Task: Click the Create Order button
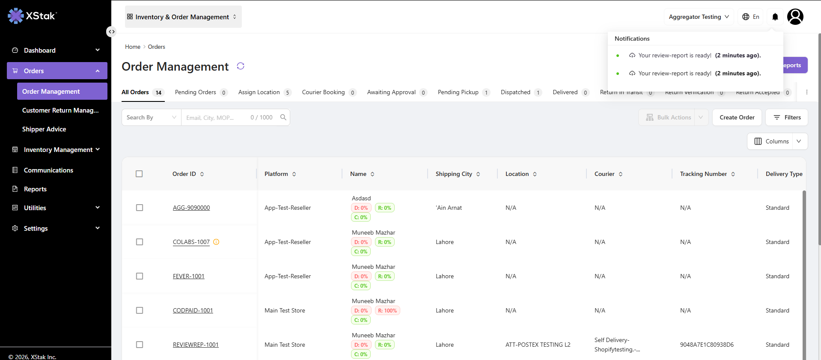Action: click(737, 117)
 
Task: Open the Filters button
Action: click(787, 117)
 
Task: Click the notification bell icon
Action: click(775, 17)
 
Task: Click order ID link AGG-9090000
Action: click(191, 208)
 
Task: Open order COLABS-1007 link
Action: click(191, 242)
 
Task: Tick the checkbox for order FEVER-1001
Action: click(140, 276)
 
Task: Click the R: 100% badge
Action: click(387, 310)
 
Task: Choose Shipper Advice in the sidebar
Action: click(44, 129)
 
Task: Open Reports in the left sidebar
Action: click(35, 189)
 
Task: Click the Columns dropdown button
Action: click(777, 141)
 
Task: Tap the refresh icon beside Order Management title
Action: click(241, 66)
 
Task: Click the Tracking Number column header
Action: click(703, 174)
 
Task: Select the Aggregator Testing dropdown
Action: click(699, 17)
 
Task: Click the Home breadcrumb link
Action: click(133, 47)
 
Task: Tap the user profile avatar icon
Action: click(795, 17)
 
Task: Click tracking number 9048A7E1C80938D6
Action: click(707, 345)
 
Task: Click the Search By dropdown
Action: click(152, 117)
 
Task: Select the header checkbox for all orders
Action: click(139, 174)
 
